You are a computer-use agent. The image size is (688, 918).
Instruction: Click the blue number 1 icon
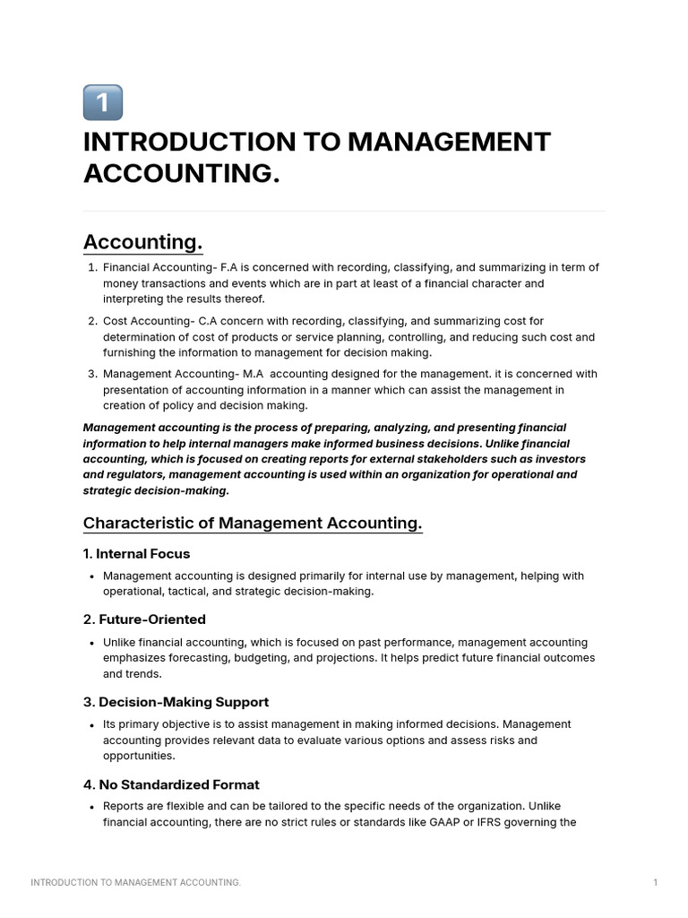(x=102, y=102)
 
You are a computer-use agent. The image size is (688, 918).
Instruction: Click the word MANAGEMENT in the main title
(x=449, y=142)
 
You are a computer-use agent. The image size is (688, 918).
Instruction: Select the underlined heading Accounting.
(x=142, y=242)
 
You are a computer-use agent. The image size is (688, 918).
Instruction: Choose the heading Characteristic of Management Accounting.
(x=253, y=523)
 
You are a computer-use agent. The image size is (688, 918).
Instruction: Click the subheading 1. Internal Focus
(x=136, y=553)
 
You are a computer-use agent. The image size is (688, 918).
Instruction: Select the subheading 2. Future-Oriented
(x=144, y=619)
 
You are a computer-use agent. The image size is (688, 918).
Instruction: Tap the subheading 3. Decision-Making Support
(x=176, y=702)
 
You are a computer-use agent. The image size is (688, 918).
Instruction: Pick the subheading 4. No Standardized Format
(x=171, y=784)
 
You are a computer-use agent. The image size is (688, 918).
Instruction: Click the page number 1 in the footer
(x=656, y=883)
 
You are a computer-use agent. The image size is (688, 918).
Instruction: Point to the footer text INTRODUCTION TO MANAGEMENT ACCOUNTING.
(x=135, y=883)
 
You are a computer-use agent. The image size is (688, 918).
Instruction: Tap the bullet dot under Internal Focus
(x=92, y=576)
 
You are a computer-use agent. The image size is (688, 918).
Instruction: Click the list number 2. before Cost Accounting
(x=92, y=321)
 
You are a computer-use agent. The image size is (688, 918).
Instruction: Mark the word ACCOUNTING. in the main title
(x=182, y=174)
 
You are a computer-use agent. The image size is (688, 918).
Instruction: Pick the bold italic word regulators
(x=136, y=475)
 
